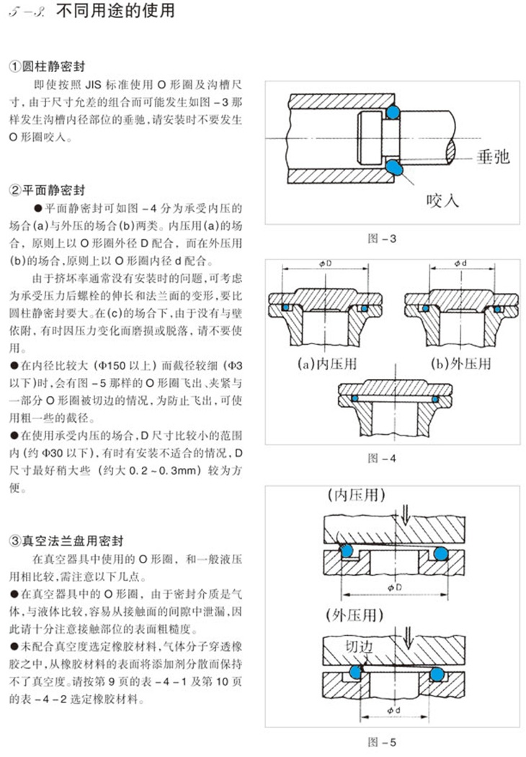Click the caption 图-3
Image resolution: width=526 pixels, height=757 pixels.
381,238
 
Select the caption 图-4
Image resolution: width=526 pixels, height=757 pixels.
381,458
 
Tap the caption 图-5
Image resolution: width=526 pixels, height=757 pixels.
381,742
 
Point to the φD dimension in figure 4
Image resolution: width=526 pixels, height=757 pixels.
324,264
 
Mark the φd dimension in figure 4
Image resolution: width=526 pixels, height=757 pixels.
460,264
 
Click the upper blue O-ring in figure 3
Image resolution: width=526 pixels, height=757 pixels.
393,112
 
